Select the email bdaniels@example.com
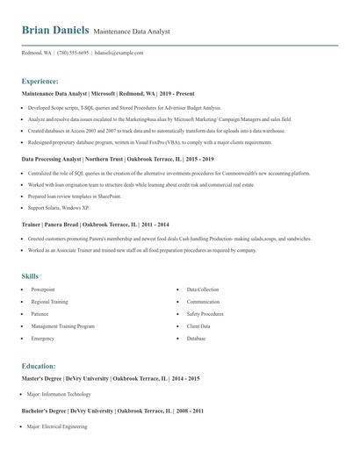[119, 53]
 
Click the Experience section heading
[40, 80]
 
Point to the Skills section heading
[31, 275]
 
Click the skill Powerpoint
[43, 289]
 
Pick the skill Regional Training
[49, 301]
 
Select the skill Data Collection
[203, 289]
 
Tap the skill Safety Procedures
[205, 313]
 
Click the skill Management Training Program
[62, 325]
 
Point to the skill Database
[196, 338]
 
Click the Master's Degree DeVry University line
[111, 378]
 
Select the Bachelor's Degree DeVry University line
[112, 411]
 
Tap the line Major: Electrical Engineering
[57, 426]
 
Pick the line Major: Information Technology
[59, 394]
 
